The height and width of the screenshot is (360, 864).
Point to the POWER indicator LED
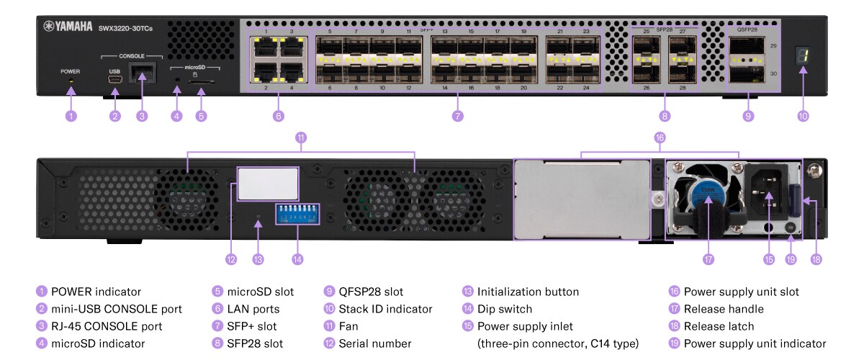71,81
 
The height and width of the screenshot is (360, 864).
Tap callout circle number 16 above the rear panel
660,137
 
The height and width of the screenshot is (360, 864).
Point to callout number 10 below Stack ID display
803,115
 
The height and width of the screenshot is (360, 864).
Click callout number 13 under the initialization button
258,258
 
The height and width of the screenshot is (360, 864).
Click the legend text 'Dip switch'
504,309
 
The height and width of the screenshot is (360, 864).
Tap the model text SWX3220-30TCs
125,28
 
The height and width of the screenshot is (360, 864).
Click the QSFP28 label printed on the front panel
747,30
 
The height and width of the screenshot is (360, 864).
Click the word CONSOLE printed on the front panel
131,55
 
